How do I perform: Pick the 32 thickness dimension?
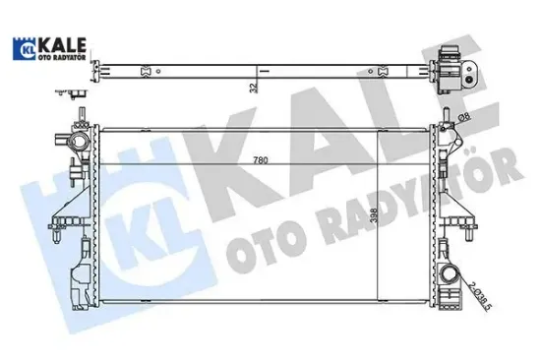(x=253, y=87)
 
